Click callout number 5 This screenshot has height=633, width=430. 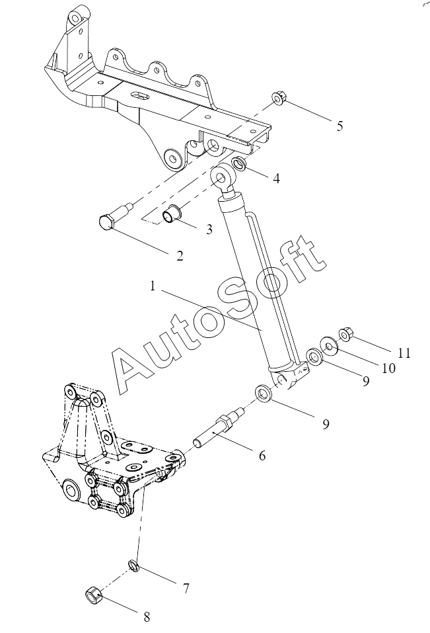coord(340,126)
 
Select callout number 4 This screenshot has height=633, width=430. coord(276,179)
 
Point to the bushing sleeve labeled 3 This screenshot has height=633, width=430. coord(172,214)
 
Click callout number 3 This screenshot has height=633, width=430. coord(209,230)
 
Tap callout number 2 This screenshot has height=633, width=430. coord(180,256)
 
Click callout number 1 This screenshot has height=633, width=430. coord(153,286)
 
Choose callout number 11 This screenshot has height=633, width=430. coord(404,353)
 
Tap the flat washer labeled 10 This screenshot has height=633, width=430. coord(330,347)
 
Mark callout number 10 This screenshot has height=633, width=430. coord(389,368)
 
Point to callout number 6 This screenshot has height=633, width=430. coord(262,456)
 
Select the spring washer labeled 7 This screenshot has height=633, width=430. coord(133,566)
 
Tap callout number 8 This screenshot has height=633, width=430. coord(147,617)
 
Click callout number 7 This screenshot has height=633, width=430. coord(186,589)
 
